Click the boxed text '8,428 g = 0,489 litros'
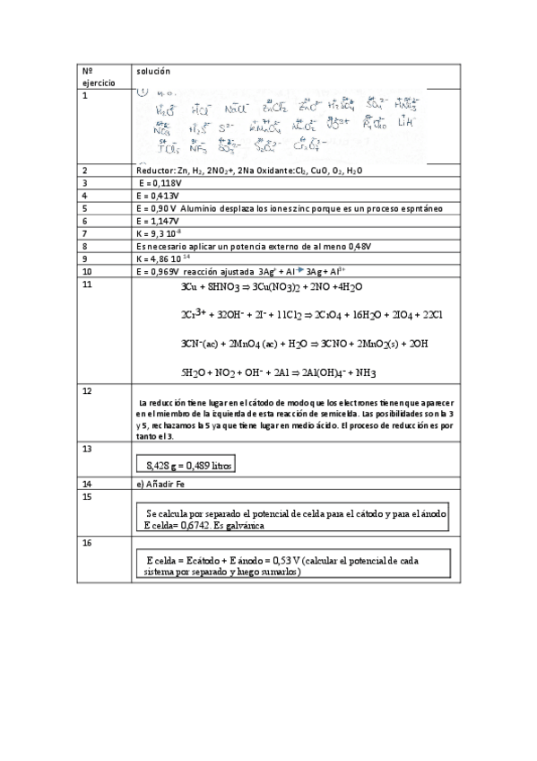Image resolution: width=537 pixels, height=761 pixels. (189, 465)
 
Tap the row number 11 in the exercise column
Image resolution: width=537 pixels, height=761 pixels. (86, 284)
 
